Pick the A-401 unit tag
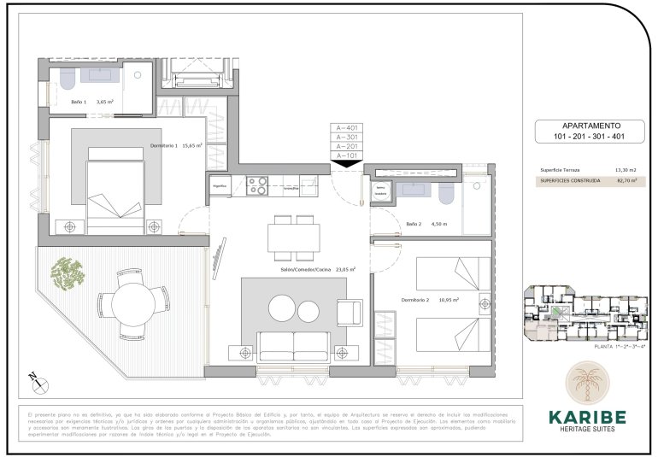click(347, 127)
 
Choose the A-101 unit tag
click(347, 155)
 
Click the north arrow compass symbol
click(32, 376)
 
